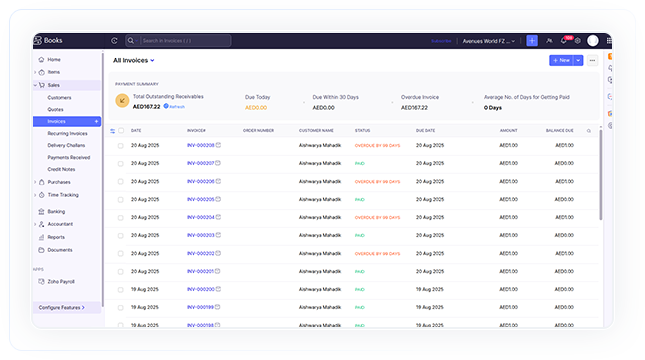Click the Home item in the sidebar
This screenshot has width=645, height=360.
tap(53, 59)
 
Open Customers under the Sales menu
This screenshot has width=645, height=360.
tap(59, 97)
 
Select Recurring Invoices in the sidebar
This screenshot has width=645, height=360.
tap(67, 133)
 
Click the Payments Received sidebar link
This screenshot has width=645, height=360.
tap(68, 157)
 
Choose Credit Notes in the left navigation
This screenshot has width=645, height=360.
tap(61, 169)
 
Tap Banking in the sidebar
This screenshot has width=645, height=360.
tap(56, 211)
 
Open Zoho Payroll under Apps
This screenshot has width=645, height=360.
tap(61, 282)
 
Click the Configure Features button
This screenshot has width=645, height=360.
tap(62, 307)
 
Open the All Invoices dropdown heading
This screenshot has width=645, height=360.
tap(134, 60)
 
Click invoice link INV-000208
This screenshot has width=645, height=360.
tap(201, 146)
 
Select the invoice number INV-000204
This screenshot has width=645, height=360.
tap(201, 217)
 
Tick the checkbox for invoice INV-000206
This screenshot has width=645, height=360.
tap(120, 182)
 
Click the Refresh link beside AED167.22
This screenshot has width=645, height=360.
tap(176, 106)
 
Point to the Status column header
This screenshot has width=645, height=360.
tap(363, 130)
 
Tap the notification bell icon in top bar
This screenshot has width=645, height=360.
tap(563, 41)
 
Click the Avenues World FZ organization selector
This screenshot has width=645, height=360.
tap(489, 41)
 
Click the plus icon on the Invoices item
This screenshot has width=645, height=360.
tap(96, 121)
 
